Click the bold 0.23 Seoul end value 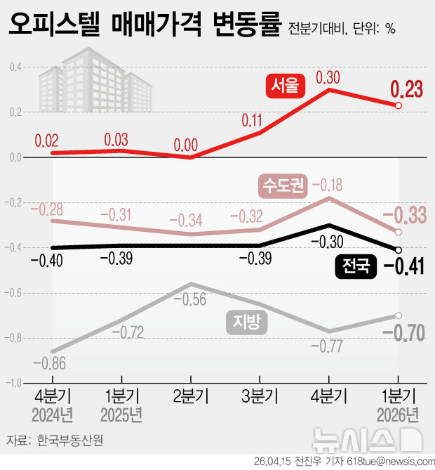pos(407,89)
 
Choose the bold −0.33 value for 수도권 pos(407,216)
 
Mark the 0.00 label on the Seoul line pos(186,145)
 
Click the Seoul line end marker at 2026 pos(399,105)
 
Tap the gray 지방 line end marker pos(399,315)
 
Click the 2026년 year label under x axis pos(399,413)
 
